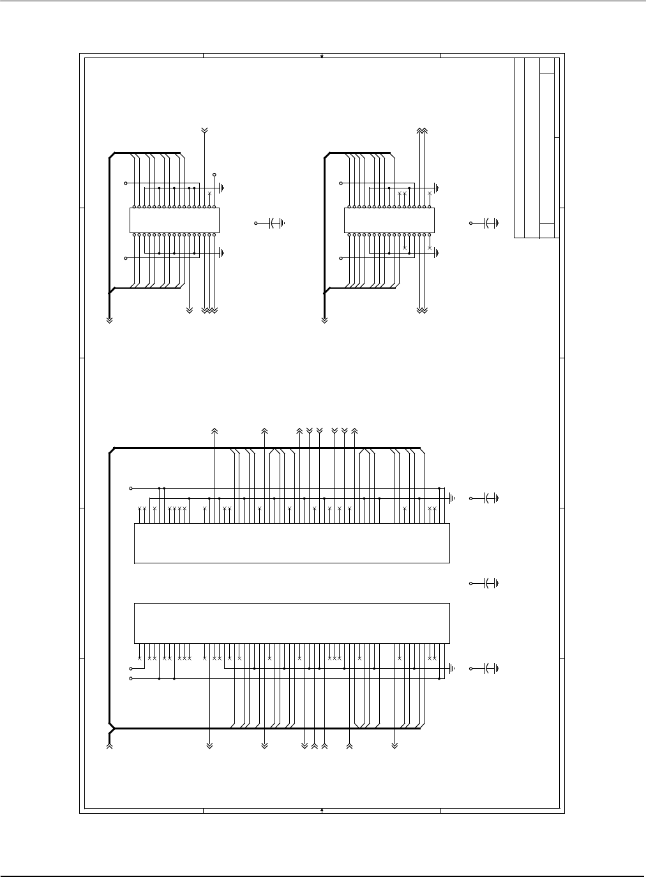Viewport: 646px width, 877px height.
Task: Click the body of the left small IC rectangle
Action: (x=174, y=220)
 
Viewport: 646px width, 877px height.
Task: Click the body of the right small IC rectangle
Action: (x=389, y=220)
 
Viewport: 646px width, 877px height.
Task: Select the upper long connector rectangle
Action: (x=292, y=543)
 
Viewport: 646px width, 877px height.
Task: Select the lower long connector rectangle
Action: (x=292, y=623)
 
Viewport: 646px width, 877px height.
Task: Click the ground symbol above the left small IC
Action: (x=222, y=188)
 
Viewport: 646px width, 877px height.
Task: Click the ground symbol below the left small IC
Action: (x=222, y=252)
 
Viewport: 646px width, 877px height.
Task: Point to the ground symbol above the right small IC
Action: (x=437, y=188)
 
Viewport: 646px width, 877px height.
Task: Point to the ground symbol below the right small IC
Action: (x=437, y=252)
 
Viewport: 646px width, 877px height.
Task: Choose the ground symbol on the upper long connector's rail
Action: (x=452, y=498)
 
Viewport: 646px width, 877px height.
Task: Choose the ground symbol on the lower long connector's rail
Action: (x=452, y=669)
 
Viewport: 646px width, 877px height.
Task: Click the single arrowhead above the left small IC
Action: (x=204, y=130)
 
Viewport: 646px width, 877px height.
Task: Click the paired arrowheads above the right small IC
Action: (x=421, y=130)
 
